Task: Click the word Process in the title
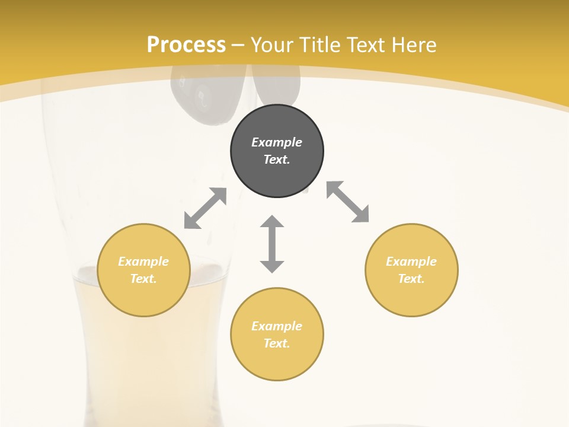click(186, 45)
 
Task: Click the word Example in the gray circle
click(277, 142)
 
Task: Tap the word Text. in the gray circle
click(277, 160)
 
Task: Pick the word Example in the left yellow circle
click(143, 262)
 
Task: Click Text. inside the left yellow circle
click(143, 279)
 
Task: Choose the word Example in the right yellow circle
click(411, 262)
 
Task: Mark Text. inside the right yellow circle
click(411, 279)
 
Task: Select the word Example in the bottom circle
click(277, 326)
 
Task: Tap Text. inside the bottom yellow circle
click(277, 343)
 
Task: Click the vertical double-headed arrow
click(272, 244)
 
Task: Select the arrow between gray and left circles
click(205, 208)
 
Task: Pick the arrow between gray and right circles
click(347, 202)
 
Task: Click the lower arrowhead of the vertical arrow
click(272, 266)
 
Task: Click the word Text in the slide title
click(367, 45)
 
